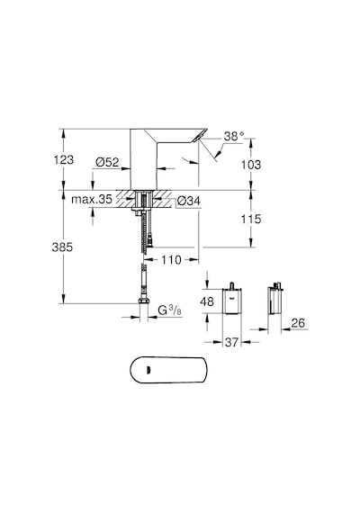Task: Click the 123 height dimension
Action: pyautogui.click(x=64, y=160)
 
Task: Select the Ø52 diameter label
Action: pyautogui.click(x=107, y=162)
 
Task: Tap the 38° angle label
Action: pyautogui.click(x=234, y=136)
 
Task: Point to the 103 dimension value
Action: pyautogui.click(x=251, y=165)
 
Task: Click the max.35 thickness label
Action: pyautogui.click(x=92, y=199)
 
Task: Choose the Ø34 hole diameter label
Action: pyautogui.click(x=188, y=201)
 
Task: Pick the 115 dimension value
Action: pyautogui.click(x=251, y=219)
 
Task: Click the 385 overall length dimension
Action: pyautogui.click(x=62, y=247)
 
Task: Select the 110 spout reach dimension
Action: pyautogui.click(x=171, y=260)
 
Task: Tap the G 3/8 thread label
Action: pyautogui.click(x=169, y=310)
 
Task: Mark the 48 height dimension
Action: pyautogui.click(x=207, y=301)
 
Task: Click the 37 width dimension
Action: pyautogui.click(x=231, y=342)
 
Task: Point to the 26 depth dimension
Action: pyautogui.click(x=298, y=323)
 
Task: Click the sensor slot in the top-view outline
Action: pyautogui.click(x=148, y=370)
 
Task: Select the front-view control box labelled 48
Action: pyautogui.click(x=232, y=300)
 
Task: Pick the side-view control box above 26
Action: pyautogui.click(x=274, y=299)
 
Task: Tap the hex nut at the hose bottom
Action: pyautogui.click(x=143, y=301)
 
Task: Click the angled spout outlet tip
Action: pyautogui.click(x=200, y=136)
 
